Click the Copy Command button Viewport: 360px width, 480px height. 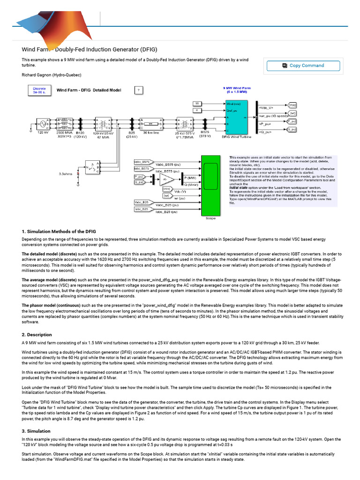[302, 66]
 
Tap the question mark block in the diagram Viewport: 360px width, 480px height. [139, 90]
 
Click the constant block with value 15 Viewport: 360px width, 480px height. [198, 103]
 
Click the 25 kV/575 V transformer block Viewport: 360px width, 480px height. [185, 124]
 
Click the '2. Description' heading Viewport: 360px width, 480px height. [37, 335]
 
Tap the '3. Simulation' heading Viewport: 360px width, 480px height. [36, 430]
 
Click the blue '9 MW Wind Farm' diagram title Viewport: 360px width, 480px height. [237, 88]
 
